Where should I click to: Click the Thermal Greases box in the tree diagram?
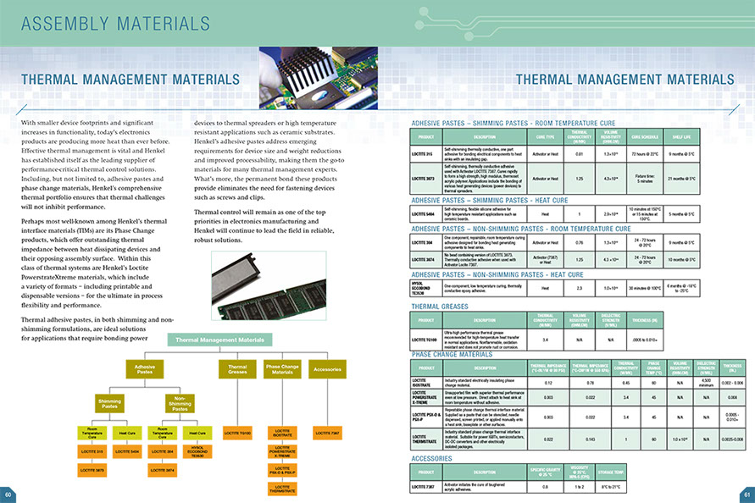237,369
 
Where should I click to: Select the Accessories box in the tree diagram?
326,369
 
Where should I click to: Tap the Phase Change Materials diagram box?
282,369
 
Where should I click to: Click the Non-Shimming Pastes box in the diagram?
180,404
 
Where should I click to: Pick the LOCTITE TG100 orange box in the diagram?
237,434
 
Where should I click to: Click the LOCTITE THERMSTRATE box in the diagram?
282,488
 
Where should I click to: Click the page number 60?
8,495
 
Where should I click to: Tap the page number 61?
747,495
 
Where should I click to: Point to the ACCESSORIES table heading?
436,458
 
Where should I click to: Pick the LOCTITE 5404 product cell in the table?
425,215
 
